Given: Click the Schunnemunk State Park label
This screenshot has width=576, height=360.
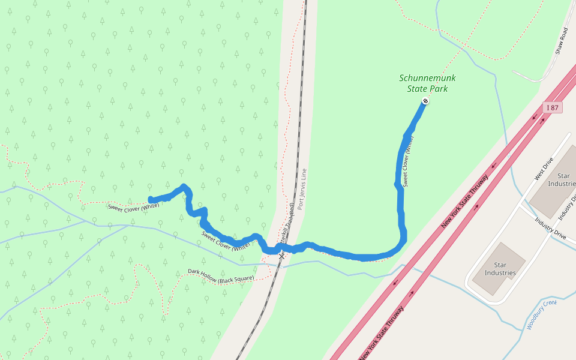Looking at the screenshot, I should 427,83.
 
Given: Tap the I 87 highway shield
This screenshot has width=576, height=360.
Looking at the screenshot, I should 553,108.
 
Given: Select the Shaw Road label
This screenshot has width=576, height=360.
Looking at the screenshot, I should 561,41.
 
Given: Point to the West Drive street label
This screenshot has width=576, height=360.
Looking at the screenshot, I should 542,170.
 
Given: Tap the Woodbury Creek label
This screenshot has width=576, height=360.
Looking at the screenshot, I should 542,314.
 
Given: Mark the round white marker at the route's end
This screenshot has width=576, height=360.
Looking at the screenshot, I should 425,101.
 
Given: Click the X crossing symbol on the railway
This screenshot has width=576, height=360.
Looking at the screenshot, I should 281,256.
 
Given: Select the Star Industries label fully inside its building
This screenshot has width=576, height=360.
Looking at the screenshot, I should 500,269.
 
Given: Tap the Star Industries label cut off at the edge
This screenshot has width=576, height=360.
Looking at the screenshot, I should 563,179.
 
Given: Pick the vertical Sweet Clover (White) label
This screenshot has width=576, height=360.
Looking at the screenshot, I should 408,161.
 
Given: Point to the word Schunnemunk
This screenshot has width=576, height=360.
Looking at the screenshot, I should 428,78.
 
